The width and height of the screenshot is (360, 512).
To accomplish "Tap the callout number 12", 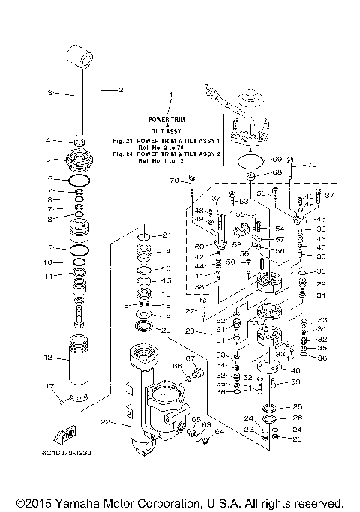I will tap(47, 358).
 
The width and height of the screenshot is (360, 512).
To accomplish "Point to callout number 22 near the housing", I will tap(105, 422).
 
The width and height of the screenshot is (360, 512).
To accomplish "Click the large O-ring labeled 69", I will tap(252, 161).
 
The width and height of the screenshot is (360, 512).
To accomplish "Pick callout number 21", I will tap(167, 236).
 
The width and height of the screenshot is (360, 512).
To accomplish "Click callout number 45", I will tap(322, 219).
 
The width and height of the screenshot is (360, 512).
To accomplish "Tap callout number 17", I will tap(50, 386).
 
